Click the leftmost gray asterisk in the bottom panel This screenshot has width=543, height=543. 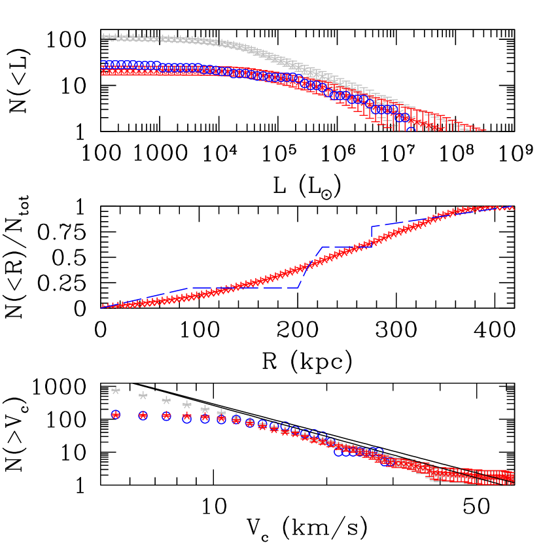116,391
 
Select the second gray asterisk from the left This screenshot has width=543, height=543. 143,396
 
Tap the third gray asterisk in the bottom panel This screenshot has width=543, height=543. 166,400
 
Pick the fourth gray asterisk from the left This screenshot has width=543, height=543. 187,405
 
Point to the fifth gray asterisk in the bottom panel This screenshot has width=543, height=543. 205,409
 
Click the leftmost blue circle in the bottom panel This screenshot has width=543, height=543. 116,415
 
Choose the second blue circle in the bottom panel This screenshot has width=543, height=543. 143,415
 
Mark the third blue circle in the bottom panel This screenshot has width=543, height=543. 166,416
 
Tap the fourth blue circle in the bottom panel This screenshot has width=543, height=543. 187,418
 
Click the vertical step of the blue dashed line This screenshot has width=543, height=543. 372,236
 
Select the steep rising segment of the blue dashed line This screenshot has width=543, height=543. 311,267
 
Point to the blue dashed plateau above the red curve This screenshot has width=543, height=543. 347,247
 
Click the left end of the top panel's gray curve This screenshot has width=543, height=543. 103,37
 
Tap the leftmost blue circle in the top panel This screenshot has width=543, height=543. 105,65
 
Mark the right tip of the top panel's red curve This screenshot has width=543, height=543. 484,130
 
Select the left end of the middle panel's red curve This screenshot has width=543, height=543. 103,306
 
